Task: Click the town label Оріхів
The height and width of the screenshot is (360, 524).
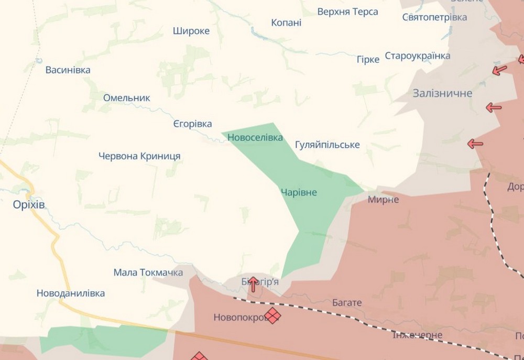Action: point(29,205)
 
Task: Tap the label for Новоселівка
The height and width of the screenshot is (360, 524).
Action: point(255,138)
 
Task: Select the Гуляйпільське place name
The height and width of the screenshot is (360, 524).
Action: point(327,145)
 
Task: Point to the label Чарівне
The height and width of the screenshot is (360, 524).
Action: point(299,192)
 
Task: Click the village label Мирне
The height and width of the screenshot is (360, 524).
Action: point(383,200)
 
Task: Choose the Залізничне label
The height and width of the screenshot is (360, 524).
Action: point(442,93)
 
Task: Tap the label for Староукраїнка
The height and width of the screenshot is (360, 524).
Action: point(418,56)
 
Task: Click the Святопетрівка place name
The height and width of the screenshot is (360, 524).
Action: point(434,17)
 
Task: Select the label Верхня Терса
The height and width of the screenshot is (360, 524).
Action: point(348,12)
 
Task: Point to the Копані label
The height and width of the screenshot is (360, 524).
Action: point(286,23)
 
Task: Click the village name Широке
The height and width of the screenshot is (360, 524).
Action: point(191,31)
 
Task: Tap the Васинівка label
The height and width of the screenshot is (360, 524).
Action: point(68,70)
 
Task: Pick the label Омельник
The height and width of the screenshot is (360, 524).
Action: point(126,98)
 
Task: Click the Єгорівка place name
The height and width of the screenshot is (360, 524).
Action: point(192,124)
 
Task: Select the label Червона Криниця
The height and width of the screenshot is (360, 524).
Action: point(139,156)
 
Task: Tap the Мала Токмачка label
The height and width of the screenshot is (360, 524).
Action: point(148,272)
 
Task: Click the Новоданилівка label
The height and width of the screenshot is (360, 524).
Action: point(71,293)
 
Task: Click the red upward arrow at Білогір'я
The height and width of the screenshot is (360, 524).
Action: point(253,284)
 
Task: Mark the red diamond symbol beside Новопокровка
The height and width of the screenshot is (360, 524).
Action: point(272,315)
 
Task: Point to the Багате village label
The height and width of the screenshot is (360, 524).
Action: point(347,303)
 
